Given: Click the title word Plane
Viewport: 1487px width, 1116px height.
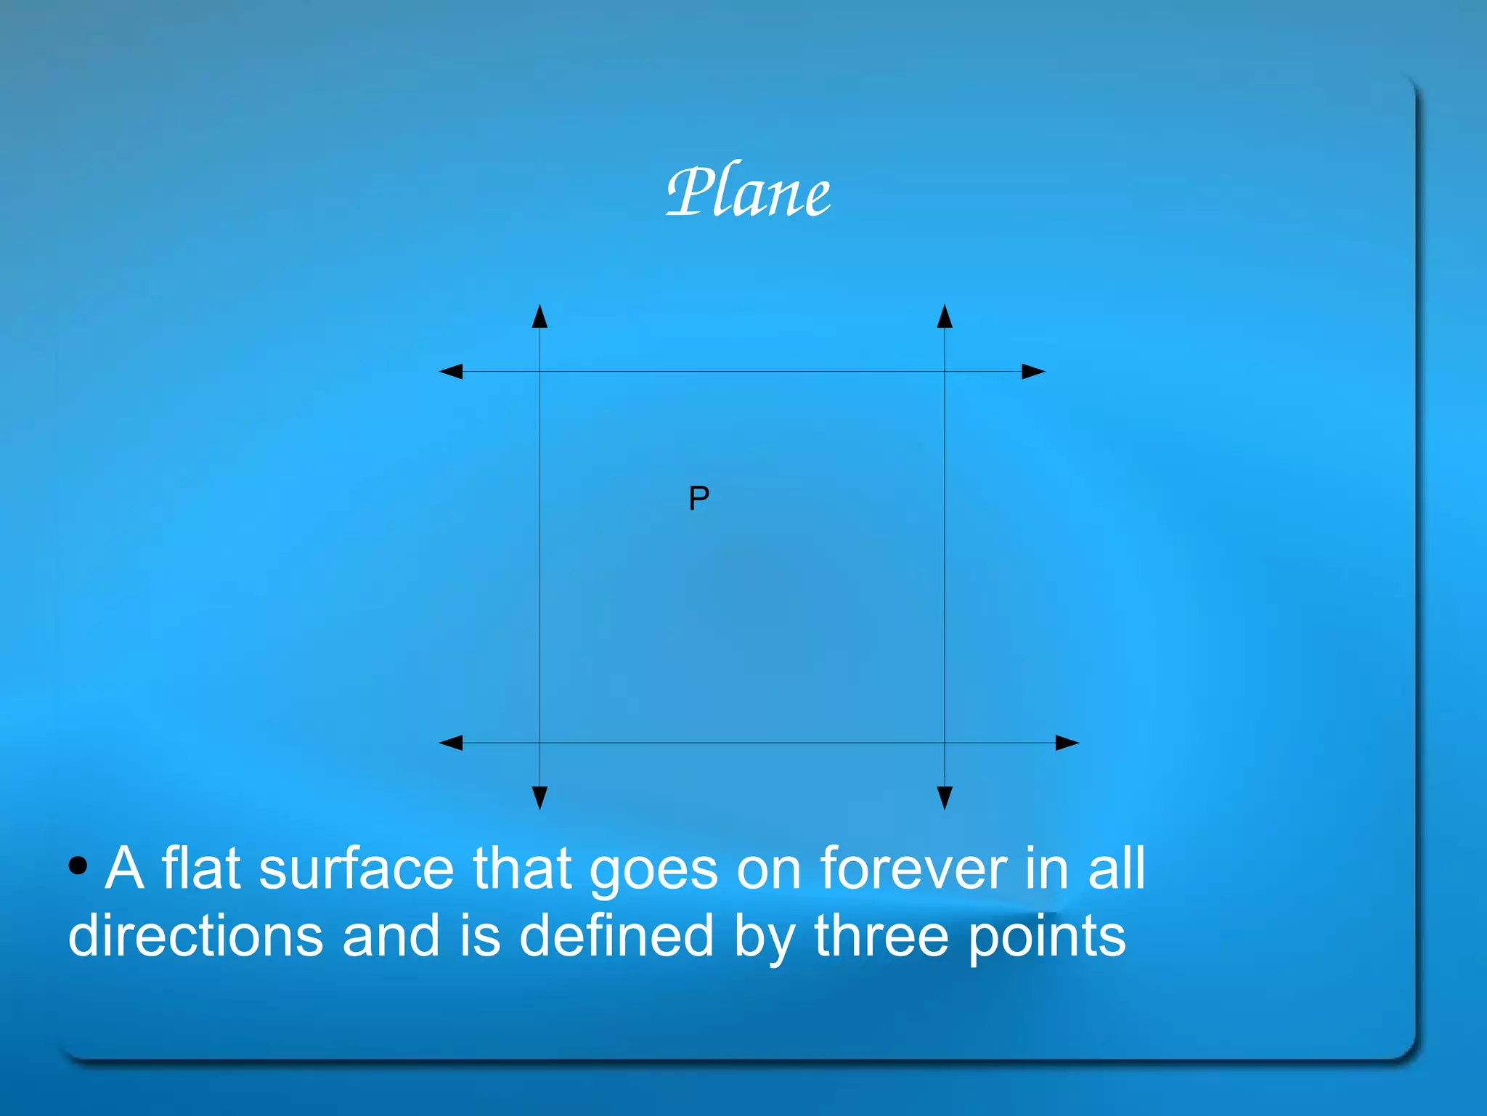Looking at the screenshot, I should pos(748,192).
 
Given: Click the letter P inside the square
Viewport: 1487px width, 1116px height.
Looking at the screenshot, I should pos(698,498).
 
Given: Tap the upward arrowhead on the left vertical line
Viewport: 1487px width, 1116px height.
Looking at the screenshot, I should pos(539,317).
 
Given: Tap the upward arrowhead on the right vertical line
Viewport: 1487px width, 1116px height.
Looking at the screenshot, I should pos(945,317).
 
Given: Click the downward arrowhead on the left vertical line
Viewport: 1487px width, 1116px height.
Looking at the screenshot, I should pos(539,797).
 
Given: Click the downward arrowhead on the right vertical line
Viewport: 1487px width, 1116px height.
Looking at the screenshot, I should pos(945,797).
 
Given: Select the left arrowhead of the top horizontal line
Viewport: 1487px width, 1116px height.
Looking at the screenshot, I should pos(452,372).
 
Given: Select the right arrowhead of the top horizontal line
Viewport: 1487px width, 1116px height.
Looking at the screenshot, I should pos(1032,372).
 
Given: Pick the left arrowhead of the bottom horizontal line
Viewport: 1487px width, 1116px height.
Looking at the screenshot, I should pos(452,743).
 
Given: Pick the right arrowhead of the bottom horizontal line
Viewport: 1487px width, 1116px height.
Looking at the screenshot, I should pos(1066,743).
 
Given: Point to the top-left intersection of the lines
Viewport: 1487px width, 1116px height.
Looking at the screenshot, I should pos(539,372).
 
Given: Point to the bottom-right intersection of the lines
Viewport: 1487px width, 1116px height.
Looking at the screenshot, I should pos(945,743).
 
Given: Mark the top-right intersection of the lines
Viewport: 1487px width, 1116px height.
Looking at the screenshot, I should pos(945,372).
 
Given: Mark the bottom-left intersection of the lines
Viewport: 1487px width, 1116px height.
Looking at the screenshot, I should pos(539,743).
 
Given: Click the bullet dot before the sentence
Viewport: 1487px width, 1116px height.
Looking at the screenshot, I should pos(78,865).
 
